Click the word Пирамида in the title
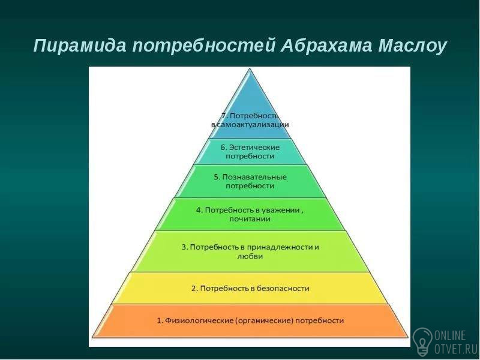tap(80, 46)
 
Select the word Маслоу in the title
tap(413, 46)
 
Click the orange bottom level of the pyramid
tap(250, 321)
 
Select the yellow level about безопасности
tap(250, 288)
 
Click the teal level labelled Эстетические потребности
tap(250, 152)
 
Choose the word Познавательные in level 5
tap(254, 177)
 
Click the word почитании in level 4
tap(250, 219)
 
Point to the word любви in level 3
tap(250, 256)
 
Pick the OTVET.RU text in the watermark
tap(456, 349)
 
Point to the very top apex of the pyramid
tap(250, 68)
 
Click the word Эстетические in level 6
tap(254, 147)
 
